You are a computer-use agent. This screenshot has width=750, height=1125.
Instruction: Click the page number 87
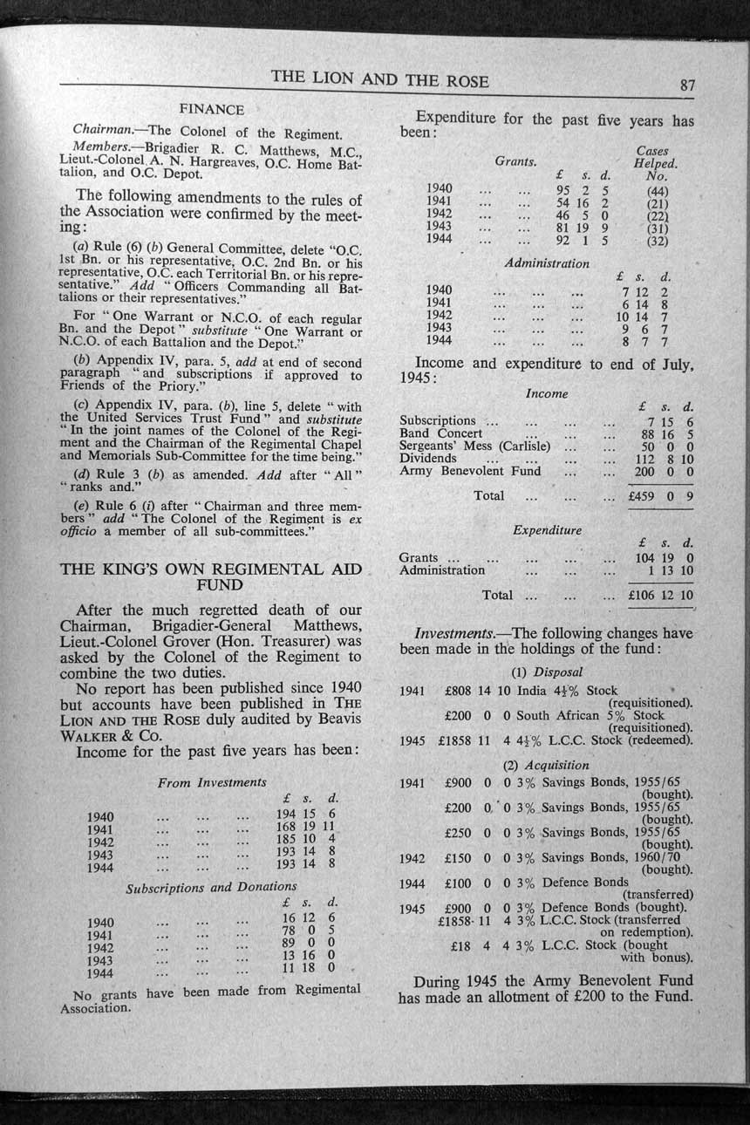click(x=687, y=85)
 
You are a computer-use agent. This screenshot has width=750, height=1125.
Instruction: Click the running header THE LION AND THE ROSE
click(x=379, y=79)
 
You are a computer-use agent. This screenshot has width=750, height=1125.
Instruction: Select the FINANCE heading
click(x=211, y=110)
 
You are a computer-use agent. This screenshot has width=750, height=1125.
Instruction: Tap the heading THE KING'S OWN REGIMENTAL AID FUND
click(x=210, y=576)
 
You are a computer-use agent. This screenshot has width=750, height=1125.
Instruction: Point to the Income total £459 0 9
click(x=660, y=496)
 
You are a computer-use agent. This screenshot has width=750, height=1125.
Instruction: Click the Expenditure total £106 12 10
click(x=660, y=596)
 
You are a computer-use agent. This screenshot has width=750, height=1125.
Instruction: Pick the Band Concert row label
click(x=440, y=433)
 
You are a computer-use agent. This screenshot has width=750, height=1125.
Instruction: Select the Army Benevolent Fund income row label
click(x=470, y=471)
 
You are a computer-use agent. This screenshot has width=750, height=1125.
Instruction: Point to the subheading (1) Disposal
click(x=546, y=672)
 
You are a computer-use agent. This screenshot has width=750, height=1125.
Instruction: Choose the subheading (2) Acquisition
click(x=546, y=765)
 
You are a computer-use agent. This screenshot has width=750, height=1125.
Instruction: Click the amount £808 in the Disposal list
click(x=458, y=691)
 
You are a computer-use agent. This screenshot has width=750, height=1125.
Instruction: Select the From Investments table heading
click(x=212, y=782)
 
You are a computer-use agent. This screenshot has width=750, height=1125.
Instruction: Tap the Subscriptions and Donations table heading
click(x=212, y=889)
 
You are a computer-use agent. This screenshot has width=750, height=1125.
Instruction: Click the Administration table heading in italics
click(x=547, y=262)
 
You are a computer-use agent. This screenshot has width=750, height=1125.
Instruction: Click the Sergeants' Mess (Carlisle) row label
click(x=474, y=446)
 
